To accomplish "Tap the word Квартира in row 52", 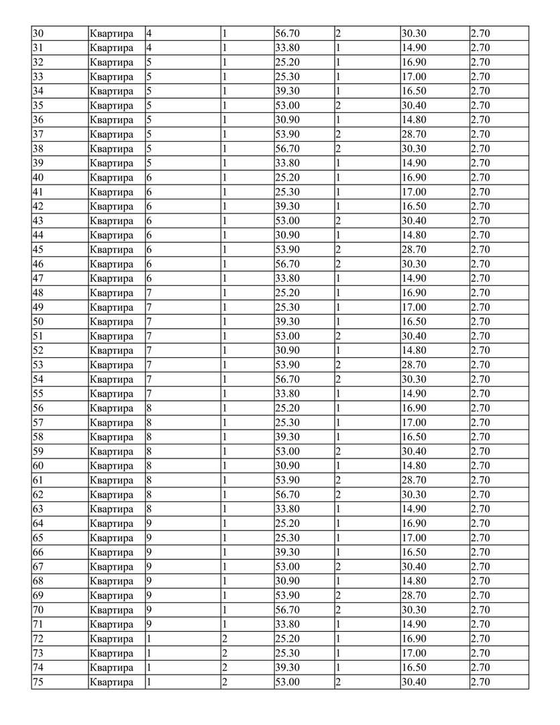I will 111,350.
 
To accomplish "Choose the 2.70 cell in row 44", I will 480,235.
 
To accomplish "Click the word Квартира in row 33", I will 111,77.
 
